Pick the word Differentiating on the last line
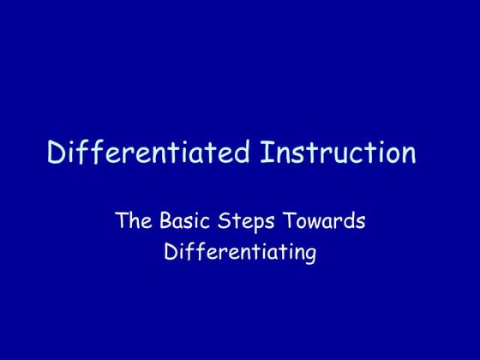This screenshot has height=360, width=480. coord(239,254)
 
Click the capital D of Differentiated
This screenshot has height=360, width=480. coord(56,153)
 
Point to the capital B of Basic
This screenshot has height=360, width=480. coord(165,221)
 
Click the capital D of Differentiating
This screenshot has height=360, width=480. coord(169,253)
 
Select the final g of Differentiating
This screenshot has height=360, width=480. coord(310,256)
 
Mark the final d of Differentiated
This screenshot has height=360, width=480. coord(243,153)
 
